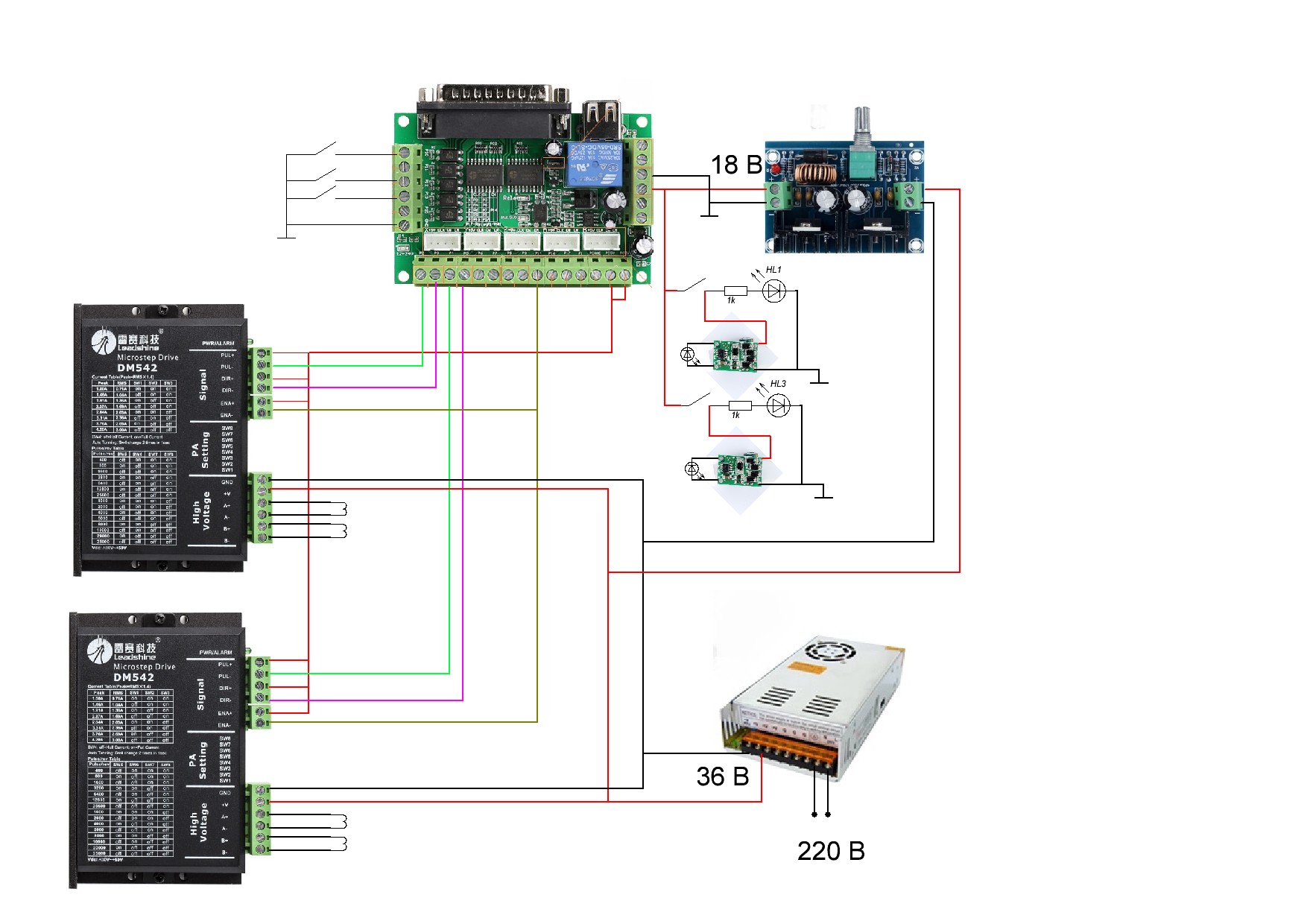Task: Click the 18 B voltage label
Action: pyautogui.click(x=736, y=165)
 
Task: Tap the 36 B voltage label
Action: pyautogui.click(x=722, y=776)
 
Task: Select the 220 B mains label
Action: pyautogui.click(x=831, y=851)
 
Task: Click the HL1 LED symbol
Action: pyautogui.click(x=774, y=291)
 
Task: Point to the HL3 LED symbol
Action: pyautogui.click(x=779, y=406)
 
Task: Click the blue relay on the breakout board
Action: pyautogui.click(x=593, y=164)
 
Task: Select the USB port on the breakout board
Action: pyautogui.click(x=601, y=115)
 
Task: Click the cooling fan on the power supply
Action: pyautogui.click(x=826, y=653)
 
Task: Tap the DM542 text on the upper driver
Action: pyautogui.click(x=137, y=367)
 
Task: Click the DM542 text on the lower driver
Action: pyautogui.click(x=134, y=677)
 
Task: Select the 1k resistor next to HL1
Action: pyautogui.click(x=735, y=291)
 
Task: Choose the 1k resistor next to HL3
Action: pyautogui.click(x=740, y=406)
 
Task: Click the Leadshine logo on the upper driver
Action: pyautogui.click(x=125, y=342)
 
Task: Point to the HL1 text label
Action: pyautogui.click(x=773, y=270)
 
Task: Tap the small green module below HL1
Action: pyautogui.click(x=735, y=355)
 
